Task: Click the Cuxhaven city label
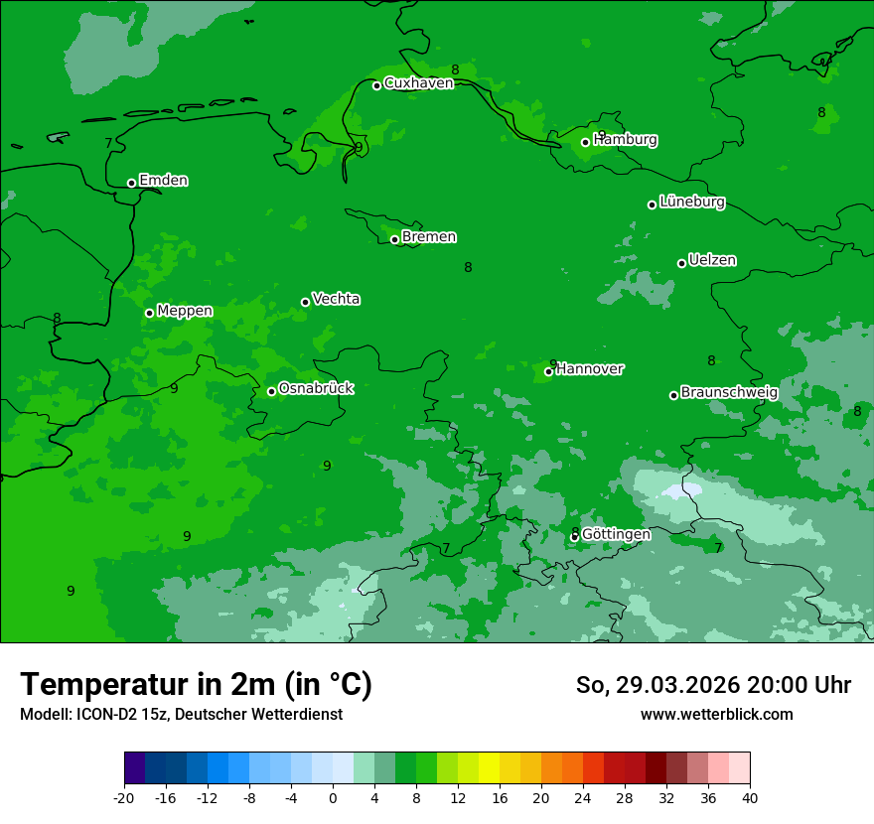tap(418, 83)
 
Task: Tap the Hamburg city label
tap(625, 140)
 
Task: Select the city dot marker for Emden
tap(131, 183)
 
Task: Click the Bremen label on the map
tap(429, 237)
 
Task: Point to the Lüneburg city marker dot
tap(652, 205)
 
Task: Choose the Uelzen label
tap(712, 260)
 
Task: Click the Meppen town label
tap(185, 311)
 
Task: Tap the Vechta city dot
tap(305, 302)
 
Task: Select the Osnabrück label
tap(316, 388)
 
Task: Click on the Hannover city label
tap(590, 369)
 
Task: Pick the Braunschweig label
tap(729, 393)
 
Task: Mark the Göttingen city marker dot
tap(574, 537)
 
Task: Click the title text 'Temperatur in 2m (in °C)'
tap(196, 684)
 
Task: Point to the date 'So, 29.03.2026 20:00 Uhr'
tap(713, 685)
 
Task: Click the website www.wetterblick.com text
tap(716, 715)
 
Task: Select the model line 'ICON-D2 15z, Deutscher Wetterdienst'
tap(181, 715)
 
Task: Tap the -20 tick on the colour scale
tap(124, 797)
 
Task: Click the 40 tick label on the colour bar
tap(750, 797)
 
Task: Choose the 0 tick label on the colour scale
tap(333, 797)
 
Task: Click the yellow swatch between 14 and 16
tap(489, 768)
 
